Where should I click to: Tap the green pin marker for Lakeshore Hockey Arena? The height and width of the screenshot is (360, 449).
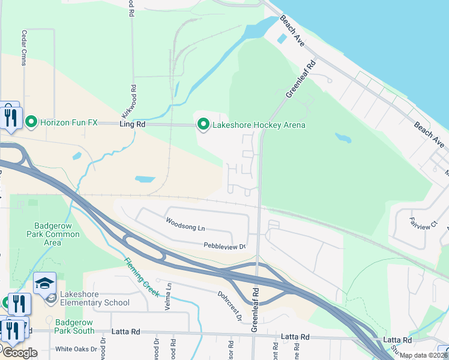click(x=203, y=125)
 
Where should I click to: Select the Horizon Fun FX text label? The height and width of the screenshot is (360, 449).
click(x=68, y=122)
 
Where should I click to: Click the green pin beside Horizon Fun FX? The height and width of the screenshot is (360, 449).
click(x=32, y=122)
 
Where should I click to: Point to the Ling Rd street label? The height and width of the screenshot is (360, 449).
click(x=133, y=124)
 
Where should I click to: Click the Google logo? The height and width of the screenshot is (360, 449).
click(x=19, y=353)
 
